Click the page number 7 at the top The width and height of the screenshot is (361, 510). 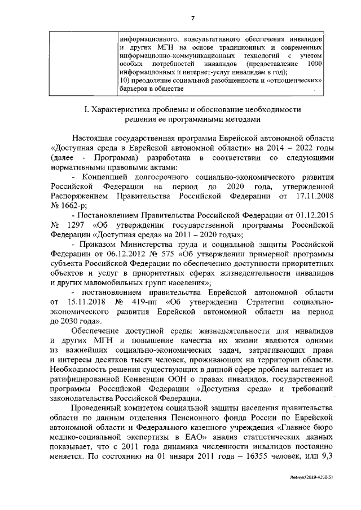point(192,18)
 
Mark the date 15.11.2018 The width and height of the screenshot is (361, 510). point(84,304)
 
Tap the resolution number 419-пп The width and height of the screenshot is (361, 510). point(143,304)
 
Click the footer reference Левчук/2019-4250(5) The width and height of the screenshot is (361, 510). point(320,492)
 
